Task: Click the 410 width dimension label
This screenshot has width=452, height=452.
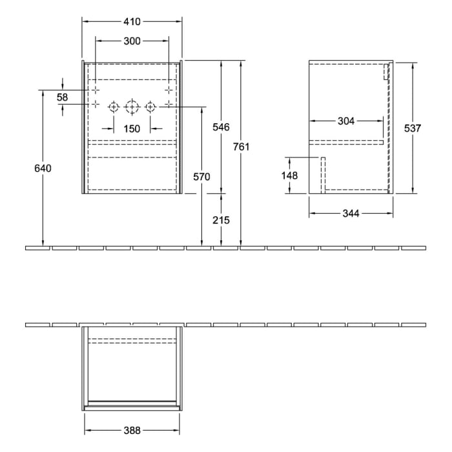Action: click(x=132, y=21)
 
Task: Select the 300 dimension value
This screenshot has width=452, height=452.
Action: click(x=132, y=41)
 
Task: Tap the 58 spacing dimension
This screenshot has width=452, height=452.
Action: click(x=63, y=97)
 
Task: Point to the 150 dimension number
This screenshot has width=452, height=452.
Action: click(x=132, y=128)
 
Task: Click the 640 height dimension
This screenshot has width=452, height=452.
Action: click(x=43, y=168)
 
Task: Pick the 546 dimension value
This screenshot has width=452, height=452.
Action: click(x=221, y=127)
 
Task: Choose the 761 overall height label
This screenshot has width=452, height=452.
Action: click(x=241, y=147)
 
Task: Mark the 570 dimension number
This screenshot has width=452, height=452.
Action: click(x=201, y=177)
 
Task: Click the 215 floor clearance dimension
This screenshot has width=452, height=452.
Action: click(x=221, y=220)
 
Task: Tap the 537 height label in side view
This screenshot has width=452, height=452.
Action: click(x=412, y=128)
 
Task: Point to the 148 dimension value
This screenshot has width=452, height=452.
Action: click(x=289, y=176)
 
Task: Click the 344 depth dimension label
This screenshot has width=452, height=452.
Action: click(x=351, y=213)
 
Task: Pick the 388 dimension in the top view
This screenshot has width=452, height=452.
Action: click(x=132, y=430)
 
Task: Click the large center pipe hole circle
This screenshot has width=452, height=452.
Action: click(x=132, y=107)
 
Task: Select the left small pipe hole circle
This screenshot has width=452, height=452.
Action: click(x=114, y=107)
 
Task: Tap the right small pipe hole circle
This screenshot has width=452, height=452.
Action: click(x=150, y=107)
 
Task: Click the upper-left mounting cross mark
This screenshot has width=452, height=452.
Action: click(x=95, y=89)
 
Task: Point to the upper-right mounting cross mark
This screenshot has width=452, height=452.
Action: click(x=169, y=89)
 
